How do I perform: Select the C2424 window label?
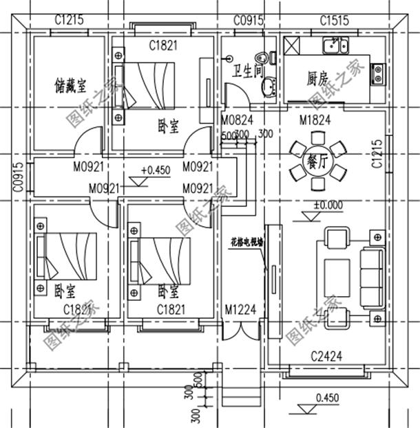tap(326, 356)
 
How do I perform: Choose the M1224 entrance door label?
tap(241, 310)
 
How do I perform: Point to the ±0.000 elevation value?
tap(328, 205)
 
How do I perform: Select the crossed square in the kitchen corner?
tap(292, 46)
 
